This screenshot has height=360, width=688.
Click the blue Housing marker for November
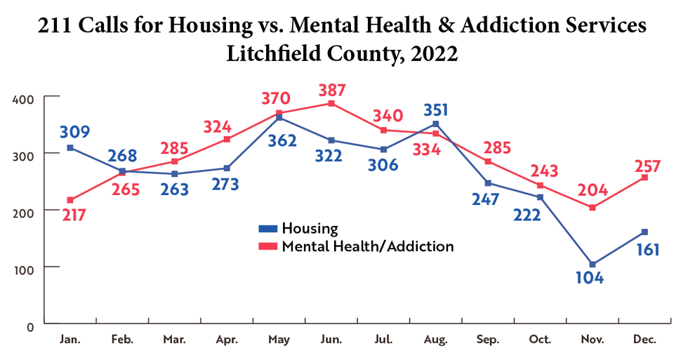point(593,265)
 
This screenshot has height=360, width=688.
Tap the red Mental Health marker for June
point(331,104)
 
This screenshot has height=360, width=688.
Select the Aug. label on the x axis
point(435,340)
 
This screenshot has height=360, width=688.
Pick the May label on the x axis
point(279,340)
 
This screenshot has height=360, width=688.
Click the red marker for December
point(644,178)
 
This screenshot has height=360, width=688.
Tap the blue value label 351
point(436,110)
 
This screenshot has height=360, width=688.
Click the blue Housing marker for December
point(644,232)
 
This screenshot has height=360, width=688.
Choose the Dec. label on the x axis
point(644,340)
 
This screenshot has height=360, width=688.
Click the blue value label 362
point(280,140)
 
